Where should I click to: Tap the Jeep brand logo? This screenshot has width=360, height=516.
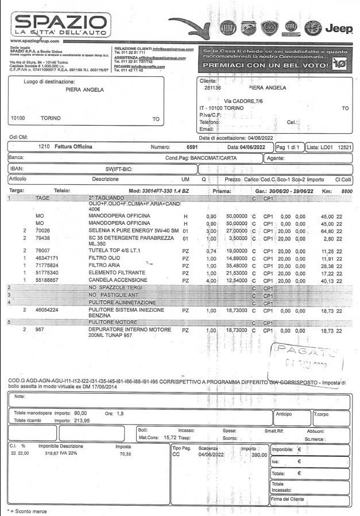coord(339,28)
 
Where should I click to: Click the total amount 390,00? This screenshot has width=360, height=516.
coord(259,454)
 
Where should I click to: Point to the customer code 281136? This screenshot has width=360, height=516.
coord(213,88)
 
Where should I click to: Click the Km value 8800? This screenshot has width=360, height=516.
coord(346,191)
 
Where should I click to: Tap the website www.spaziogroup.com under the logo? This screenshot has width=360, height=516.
coord(34,41)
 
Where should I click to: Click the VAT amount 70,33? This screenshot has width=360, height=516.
coord(125,454)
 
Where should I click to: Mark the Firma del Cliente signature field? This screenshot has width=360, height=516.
coord(309,499)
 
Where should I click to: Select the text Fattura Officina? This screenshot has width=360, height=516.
coord(73,147)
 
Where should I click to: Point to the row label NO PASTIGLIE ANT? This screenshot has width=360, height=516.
coord(113,294)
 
